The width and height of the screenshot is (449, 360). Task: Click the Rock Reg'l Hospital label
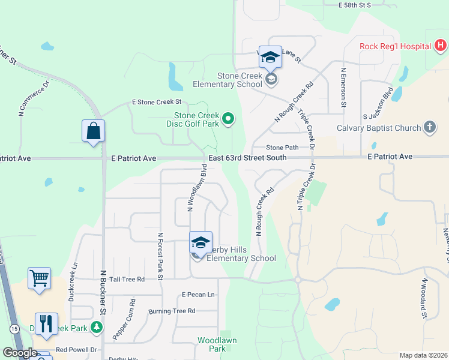pyautogui.click(x=396, y=46)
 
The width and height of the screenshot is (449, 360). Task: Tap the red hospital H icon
pyautogui.click(x=441, y=45)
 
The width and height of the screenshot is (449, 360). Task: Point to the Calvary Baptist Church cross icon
pyautogui.click(x=429, y=127)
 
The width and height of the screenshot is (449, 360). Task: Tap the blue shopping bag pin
pyautogui.click(x=94, y=131)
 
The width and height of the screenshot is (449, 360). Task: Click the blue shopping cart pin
pyautogui.click(x=39, y=278)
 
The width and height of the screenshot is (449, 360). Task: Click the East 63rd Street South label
pyautogui.click(x=247, y=157)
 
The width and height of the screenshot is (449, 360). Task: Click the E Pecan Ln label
pyautogui.click(x=198, y=295)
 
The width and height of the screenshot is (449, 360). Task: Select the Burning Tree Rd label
pyautogui.click(x=172, y=311)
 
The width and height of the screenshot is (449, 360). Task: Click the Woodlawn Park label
pyautogui.click(x=217, y=344)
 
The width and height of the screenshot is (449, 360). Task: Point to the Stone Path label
pyautogui.click(x=282, y=147)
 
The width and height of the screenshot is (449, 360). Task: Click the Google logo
pyautogui.click(x=20, y=353)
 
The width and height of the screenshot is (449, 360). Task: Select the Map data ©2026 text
pyautogui.click(x=423, y=355)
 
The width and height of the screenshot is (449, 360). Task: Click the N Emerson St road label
pyautogui.click(x=343, y=87)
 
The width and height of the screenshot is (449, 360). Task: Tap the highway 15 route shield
pyautogui.click(x=13, y=328)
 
